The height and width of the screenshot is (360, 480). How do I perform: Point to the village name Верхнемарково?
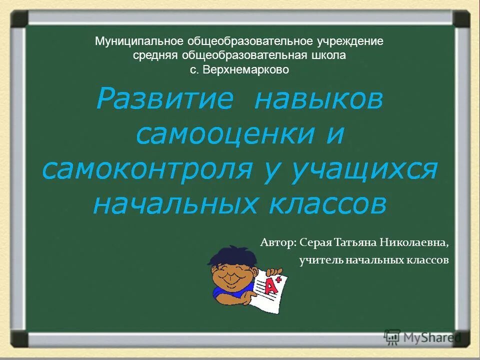[x=246, y=69]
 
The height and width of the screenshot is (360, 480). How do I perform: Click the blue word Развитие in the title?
[x=165, y=99]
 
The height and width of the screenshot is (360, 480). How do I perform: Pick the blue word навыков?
[x=319, y=99]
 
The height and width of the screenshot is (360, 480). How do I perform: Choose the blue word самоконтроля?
[x=147, y=169]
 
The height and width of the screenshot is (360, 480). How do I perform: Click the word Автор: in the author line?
[x=278, y=242]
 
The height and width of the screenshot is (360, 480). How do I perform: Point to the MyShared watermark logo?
[x=422, y=337]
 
